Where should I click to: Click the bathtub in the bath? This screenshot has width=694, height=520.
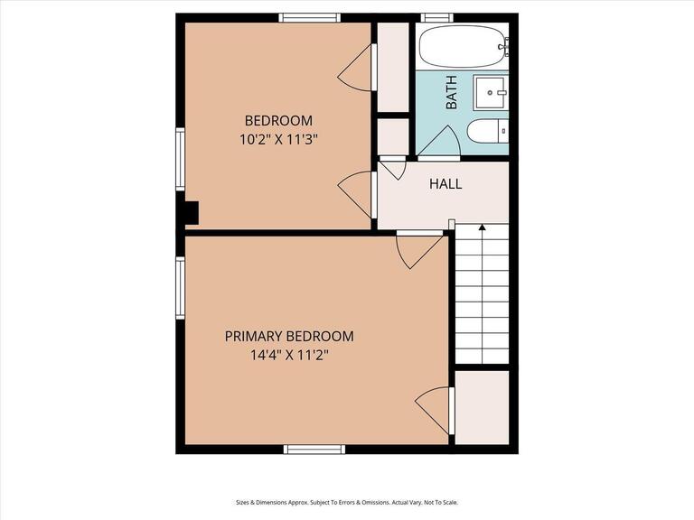click(x=462, y=45)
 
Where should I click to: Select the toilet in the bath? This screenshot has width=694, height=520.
click(x=487, y=132)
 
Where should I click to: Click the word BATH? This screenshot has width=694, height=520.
click(x=451, y=92)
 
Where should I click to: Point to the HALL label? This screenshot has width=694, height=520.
click(x=445, y=184)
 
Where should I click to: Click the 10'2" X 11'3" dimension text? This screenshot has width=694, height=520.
click(x=279, y=139)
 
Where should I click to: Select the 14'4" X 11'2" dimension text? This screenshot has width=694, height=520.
click(x=289, y=355)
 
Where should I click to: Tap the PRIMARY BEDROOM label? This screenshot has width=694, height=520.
click(x=289, y=336)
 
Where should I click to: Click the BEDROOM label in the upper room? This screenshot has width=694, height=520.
click(x=279, y=120)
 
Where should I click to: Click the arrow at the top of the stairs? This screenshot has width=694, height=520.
click(x=482, y=228)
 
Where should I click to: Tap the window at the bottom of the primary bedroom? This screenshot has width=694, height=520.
click(x=314, y=449)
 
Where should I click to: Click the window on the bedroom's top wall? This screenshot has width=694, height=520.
click(x=309, y=17)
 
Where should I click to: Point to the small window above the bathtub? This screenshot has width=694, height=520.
click(x=437, y=17)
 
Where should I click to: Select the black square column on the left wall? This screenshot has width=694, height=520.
click(x=189, y=212)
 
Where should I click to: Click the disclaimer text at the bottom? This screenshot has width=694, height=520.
click(x=347, y=502)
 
